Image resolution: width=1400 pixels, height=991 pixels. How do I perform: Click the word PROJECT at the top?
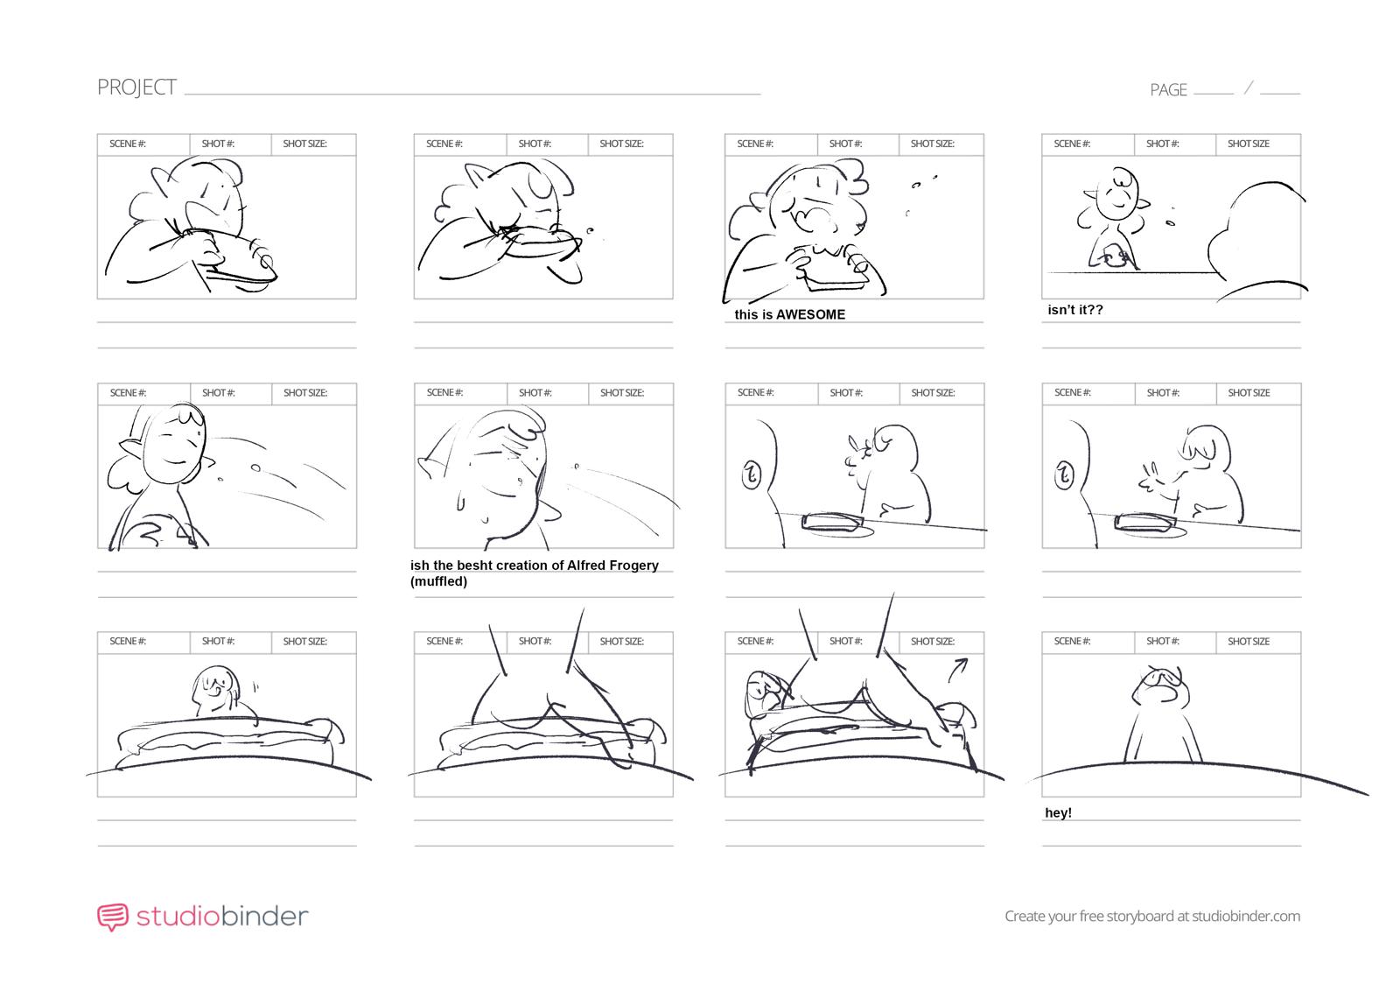click(x=136, y=88)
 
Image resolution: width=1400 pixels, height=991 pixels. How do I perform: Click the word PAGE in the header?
click(x=1168, y=90)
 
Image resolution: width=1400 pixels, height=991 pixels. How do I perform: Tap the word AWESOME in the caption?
click(x=810, y=314)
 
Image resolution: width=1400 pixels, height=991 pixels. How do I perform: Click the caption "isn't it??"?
click(x=1075, y=310)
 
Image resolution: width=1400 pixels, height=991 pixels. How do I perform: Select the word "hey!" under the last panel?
click(x=1058, y=813)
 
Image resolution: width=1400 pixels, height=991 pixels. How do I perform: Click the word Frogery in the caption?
click(x=625, y=566)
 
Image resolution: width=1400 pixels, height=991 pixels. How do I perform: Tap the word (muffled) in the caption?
click(x=438, y=581)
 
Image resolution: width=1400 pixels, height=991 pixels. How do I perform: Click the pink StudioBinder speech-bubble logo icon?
click(x=112, y=917)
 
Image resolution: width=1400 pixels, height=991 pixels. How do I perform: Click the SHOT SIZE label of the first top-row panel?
click(x=304, y=144)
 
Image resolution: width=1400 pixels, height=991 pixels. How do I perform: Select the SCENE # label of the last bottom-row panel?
click(x=1072, y=642)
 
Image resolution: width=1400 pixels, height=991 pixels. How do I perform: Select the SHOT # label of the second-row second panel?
click(x=535, y=393)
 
